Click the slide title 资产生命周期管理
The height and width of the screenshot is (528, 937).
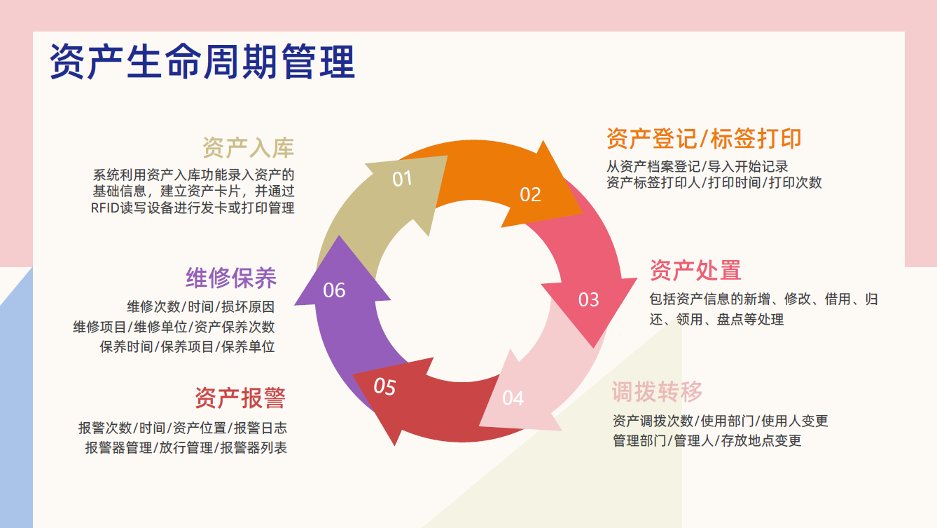[202, 63]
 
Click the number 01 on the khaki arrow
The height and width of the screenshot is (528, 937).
[402, 179]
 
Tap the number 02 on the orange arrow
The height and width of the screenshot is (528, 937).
[530, 194]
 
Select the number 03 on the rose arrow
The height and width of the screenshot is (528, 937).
[588, 300]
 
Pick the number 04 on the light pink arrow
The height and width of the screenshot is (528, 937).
[513, 398]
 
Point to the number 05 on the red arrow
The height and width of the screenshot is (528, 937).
[384, 386]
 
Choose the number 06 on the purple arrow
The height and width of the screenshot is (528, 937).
[334, 290]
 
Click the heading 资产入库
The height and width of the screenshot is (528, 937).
[248, 148]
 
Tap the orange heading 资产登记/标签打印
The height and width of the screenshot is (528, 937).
[704, 139]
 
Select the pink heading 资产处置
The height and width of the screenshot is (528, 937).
[695, 270]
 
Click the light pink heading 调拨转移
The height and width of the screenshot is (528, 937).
[657, 391]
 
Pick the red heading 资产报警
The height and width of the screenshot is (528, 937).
[240, 398]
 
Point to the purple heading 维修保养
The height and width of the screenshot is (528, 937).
[231, 278]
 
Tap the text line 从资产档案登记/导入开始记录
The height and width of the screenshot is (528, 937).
[697, 166]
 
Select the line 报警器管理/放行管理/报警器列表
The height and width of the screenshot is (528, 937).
[186, 448]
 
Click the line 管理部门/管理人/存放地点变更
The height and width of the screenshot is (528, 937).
[707, 440]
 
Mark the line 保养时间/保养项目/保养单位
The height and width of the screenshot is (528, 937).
[187, 346]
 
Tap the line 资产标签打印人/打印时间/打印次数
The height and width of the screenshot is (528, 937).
[714, 183]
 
